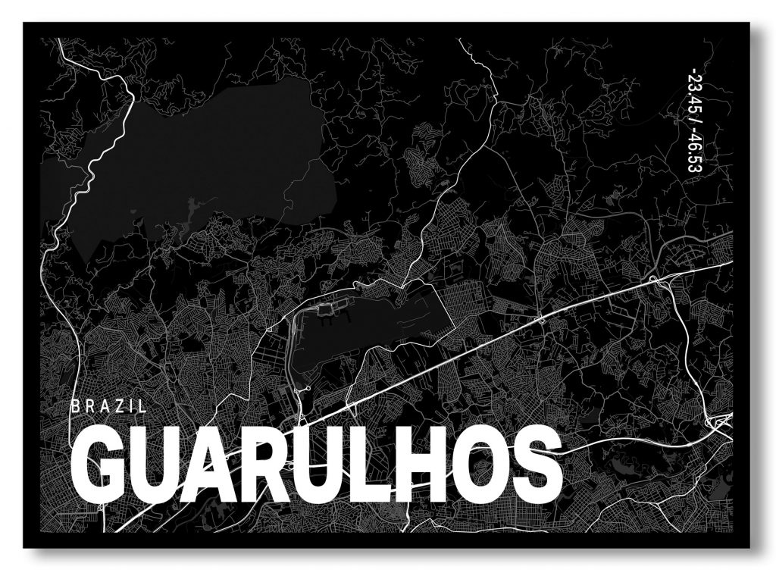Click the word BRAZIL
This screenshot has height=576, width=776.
coord(108,406)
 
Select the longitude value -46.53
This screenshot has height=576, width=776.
coord(693,152)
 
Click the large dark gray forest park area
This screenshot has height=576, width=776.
coord(205,159)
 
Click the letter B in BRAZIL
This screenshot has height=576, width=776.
coord(74,406)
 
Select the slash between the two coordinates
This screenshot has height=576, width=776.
coord(693,122)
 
